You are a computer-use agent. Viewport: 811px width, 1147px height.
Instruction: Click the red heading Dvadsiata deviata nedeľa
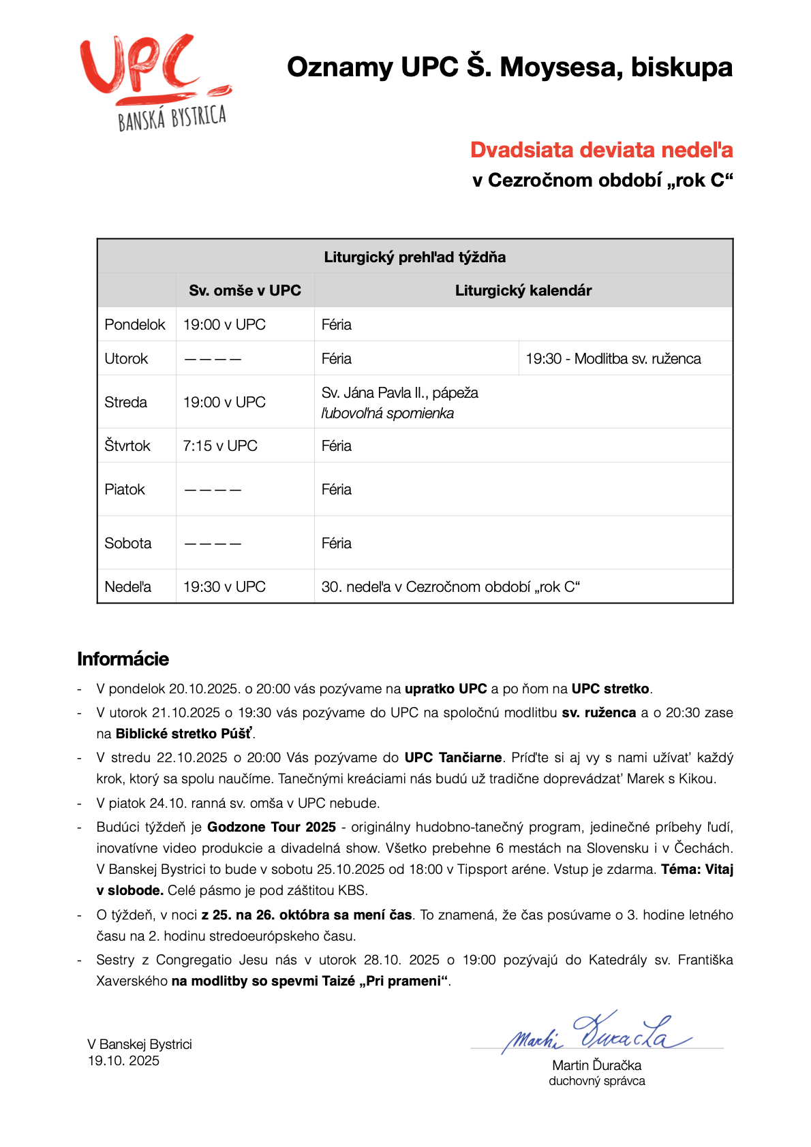tap(601, 150)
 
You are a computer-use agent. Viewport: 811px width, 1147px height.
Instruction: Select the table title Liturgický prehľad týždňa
tap(414, 257)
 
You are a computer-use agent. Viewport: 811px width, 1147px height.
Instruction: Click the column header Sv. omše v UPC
tap(245, 290)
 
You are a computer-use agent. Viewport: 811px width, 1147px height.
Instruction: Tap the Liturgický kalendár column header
tap(523, 290)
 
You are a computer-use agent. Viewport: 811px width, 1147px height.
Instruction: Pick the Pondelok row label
tap(135, 324)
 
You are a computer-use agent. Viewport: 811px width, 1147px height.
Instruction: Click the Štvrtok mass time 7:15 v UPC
tap(220, 445)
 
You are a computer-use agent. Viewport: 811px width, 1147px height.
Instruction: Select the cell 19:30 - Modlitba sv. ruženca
tap(613, 358)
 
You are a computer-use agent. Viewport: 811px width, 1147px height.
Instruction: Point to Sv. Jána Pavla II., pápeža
tap(399, 392)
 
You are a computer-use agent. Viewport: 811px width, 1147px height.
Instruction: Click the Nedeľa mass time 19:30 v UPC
tap(224, 586)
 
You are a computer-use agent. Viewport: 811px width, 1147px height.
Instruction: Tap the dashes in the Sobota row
tap(213, 544)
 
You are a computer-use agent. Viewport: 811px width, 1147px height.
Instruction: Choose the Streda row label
tap(125, 402)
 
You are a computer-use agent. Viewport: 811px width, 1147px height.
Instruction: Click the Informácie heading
tap(123, 659)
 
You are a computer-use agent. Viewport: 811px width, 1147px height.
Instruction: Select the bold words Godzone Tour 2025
tap(271, 827)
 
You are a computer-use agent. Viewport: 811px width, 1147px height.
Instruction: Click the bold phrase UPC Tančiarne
tap(453, 757)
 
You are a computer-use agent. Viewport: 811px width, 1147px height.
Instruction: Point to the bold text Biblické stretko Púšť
tap(184, 734)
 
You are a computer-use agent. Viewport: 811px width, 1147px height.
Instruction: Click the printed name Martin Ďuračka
tap(596, 1065)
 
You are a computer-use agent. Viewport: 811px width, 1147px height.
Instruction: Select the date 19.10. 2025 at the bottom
tap(123, 1060)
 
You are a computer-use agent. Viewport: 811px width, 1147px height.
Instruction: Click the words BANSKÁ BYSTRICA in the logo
tap(172, 119)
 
